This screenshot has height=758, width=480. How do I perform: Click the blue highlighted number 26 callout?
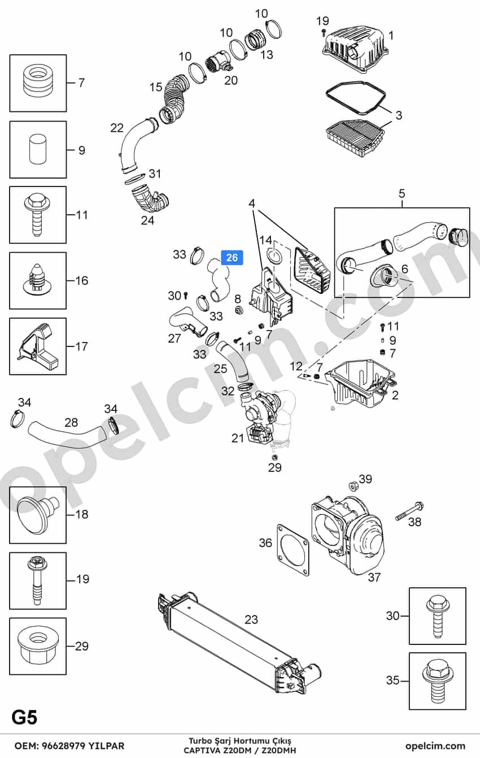pos(232,258)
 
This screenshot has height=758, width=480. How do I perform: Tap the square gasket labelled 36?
pos(293,550)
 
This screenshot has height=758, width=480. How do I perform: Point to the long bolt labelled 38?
pos(409,512)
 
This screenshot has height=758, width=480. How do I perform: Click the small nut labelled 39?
pos(354,486)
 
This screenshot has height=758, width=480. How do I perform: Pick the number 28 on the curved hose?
pos(71,422)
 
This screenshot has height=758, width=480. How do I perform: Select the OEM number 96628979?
pos(64,746)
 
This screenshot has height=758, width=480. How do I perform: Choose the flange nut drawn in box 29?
pos(37,647)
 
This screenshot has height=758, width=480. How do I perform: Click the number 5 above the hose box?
pos(402,193)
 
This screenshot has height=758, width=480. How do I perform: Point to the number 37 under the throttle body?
pos(374,577)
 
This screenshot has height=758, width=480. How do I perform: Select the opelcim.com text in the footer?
pos(435,746)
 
